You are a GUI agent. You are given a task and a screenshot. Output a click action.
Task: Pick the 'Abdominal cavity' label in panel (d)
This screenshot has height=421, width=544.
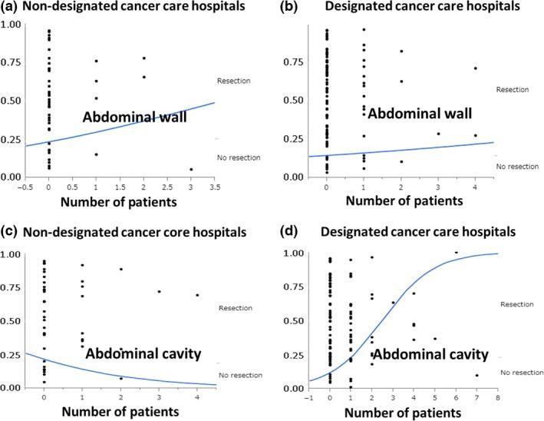click(x=430, y=354)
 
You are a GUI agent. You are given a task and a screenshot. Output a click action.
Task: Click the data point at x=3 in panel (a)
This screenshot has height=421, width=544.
click(x=190, y=169)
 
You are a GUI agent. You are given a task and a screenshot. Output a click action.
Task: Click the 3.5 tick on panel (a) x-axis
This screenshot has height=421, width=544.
click(x=214, y=186)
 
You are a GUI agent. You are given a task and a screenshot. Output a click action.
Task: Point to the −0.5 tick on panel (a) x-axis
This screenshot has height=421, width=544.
click(x=26, y=186)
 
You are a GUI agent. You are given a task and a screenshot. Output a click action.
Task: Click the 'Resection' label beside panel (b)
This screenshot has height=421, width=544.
click(x=513, y=90)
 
